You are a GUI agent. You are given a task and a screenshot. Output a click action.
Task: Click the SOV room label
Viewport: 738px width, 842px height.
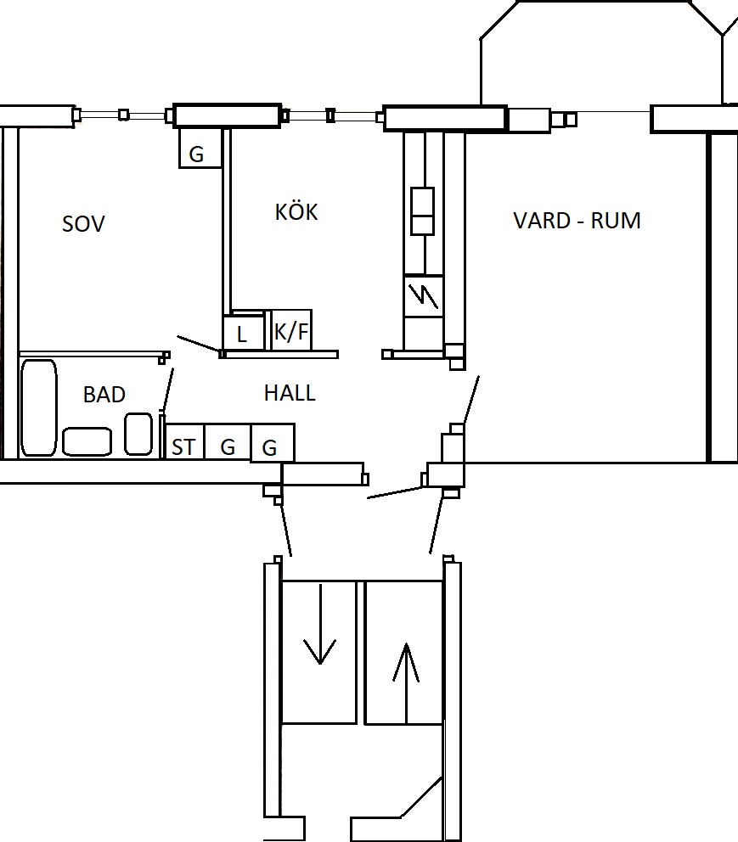83,224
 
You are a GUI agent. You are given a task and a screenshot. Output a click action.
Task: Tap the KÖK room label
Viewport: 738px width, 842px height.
296,211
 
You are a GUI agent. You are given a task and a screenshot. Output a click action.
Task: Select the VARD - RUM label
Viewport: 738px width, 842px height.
577,221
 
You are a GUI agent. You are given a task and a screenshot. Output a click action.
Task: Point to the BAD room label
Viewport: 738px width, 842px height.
104,395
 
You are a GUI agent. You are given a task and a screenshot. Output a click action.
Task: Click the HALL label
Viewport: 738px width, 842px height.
290,393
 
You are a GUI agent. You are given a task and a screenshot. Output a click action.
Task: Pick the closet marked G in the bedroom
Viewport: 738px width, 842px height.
200,148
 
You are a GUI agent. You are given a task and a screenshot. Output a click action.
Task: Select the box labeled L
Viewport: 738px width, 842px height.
244,333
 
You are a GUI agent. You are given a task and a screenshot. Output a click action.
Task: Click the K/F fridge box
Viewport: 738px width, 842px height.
291,330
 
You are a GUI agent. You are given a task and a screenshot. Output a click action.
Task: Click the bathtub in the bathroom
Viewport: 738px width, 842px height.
39,407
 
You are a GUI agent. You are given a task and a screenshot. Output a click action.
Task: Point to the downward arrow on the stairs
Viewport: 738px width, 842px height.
320,624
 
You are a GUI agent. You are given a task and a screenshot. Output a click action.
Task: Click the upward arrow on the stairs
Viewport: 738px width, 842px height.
407,683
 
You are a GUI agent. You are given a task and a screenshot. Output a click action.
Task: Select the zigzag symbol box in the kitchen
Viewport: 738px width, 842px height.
423,296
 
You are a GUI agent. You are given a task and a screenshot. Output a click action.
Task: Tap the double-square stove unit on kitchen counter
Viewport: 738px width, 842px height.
422,211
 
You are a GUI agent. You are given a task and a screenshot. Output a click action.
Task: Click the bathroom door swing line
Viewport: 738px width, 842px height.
167,390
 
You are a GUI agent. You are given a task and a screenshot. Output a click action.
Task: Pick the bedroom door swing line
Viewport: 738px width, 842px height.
199,344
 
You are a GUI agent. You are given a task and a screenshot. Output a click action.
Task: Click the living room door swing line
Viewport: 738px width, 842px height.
471,400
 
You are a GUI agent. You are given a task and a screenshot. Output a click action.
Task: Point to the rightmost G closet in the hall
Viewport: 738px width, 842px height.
273,442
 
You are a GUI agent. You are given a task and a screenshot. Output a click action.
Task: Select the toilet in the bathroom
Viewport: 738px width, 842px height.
138,434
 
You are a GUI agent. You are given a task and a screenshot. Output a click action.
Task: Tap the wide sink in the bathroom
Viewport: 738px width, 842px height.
87,441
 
